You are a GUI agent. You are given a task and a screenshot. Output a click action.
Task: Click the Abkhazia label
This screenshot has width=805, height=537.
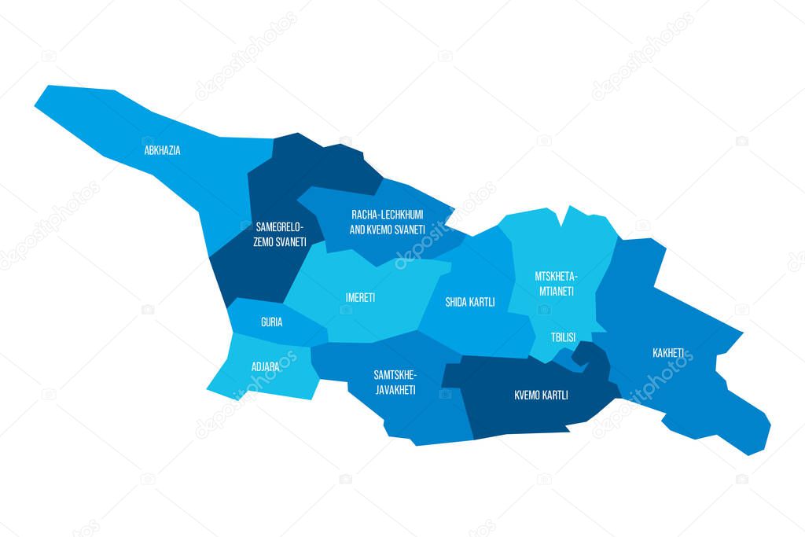point(162,150)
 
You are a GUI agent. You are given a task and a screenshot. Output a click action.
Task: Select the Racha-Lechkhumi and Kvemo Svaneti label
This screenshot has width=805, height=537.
point(388,222)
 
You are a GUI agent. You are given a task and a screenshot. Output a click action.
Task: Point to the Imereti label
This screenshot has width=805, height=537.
point(360,298)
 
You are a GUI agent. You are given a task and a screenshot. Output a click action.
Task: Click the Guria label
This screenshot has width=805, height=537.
point(271,322)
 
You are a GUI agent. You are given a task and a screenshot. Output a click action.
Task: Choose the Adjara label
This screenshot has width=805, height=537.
point(264,366)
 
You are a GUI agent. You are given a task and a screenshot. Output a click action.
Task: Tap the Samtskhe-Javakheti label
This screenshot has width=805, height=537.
point(395,383)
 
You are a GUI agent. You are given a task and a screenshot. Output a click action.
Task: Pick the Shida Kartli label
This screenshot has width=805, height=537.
point(470,302)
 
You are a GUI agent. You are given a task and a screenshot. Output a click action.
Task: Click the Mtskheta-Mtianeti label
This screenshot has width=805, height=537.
point(555,284)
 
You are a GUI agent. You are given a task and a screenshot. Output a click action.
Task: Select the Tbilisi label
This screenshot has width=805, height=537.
point(563,337)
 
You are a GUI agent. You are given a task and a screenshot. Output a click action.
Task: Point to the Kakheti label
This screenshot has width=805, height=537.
point(667,352)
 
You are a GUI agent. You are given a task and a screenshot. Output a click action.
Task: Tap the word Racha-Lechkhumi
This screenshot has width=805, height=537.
point(388,214)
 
